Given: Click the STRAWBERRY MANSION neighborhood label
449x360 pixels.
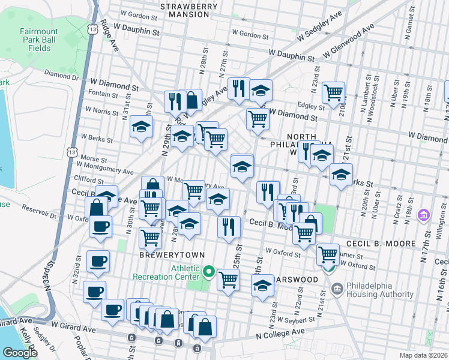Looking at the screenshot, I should pos(189,11).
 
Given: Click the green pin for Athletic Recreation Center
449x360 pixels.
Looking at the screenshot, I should pos(208,272).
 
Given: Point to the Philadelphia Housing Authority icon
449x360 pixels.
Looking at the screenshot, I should pos(337,289).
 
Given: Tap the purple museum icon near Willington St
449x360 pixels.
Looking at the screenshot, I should pos(424,214).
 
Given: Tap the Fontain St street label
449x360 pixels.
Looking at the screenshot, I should pos(103,95).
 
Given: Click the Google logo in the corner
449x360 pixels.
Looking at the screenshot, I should pos(20,352).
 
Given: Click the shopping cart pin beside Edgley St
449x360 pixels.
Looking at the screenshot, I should pos(333,92).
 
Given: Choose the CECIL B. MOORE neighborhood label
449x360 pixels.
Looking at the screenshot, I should pos(381,244).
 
